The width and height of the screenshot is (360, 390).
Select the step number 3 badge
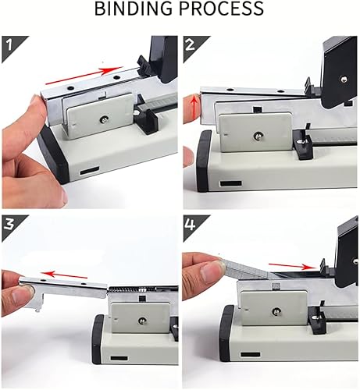[x=11, y=225]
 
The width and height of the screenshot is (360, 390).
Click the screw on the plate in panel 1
[x=103, y=119]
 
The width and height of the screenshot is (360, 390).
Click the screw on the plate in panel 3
[x=141, y=319]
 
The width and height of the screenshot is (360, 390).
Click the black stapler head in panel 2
[x=340, y=70]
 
